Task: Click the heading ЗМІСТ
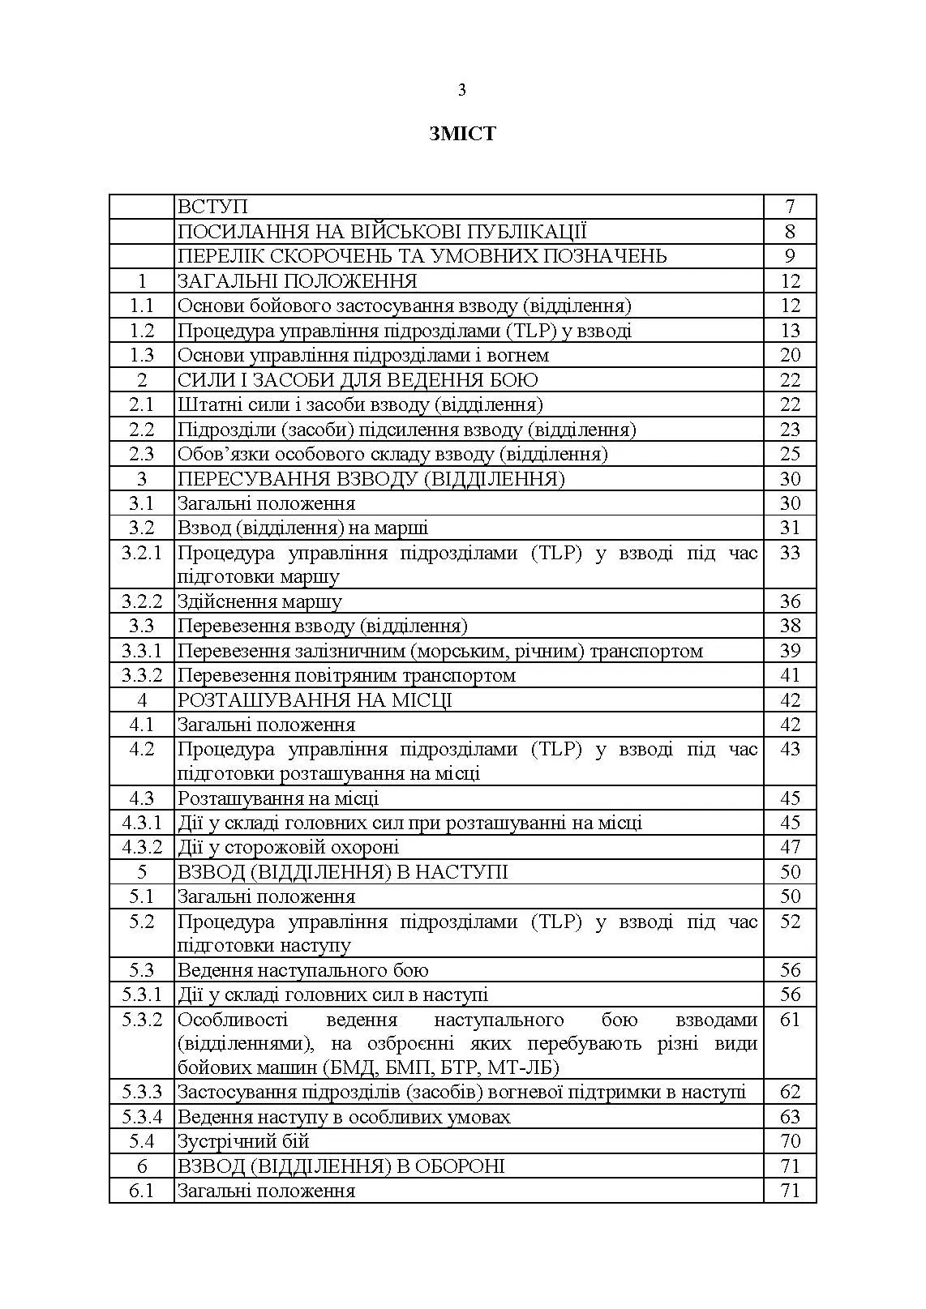point(462,134)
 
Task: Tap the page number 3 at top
point(462,90)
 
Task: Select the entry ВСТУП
point(212,207)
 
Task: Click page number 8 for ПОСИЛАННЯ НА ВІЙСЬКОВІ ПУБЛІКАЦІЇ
point(790,232)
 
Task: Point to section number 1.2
point(142,331)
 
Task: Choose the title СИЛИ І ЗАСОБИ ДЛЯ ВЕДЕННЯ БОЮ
point(358,380)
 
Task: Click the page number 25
point(790,454)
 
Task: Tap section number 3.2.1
point(142,554)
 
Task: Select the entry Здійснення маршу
point(259,601)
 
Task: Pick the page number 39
point(790,651)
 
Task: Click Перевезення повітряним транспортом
point(346,675)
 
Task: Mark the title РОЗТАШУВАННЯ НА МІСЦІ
point(315,700)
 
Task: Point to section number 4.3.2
point(142,848)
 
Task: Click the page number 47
point(790,848)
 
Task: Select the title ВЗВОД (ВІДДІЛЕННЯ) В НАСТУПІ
point(342,872)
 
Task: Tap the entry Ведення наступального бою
point(302,970)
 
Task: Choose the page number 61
point(790,1020)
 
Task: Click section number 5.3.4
point(142,1117)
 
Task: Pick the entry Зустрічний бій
point(243,1141)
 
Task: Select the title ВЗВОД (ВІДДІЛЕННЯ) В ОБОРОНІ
point(341,1166)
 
